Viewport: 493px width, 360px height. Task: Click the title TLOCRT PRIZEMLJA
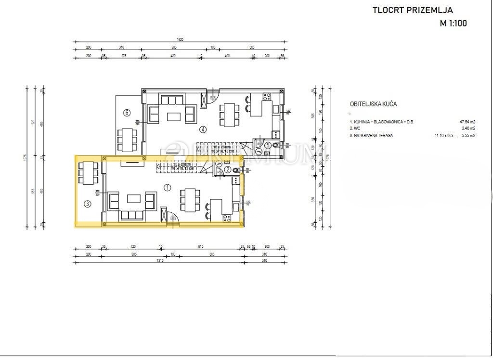coord(413,10)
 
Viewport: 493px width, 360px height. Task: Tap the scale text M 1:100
coord(453,23)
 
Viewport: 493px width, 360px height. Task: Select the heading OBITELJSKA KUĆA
coord(373,104)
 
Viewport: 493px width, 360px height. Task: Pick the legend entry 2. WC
coord(355,129)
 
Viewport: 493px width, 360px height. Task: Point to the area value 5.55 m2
coord(466,136)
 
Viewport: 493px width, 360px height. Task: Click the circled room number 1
coord(167,188)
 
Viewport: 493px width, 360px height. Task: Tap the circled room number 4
coord(203,129)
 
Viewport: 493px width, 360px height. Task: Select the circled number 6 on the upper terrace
coord(127,113)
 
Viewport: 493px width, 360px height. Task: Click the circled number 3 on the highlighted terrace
coord(87,204)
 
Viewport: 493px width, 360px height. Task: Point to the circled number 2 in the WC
coord(227,169)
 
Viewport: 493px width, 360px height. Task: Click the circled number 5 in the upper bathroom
coord(268,144)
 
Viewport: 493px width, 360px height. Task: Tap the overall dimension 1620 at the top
coord(180,39)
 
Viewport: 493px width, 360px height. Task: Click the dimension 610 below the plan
coord(200,247)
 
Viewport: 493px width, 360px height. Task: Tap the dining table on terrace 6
coord(127,139)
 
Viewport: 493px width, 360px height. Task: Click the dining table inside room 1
coord(189,198)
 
